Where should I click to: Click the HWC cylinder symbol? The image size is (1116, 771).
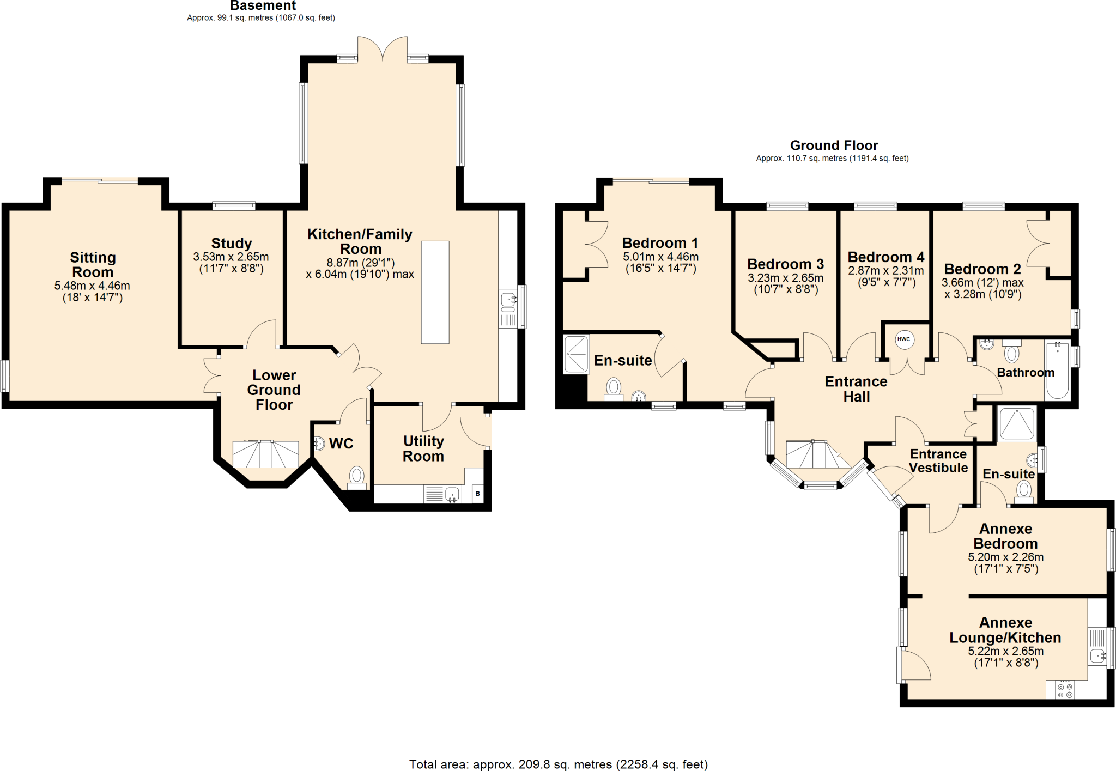point(903,339)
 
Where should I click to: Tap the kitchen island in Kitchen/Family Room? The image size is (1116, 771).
point(435,292)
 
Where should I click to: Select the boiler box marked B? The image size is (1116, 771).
point(477,494)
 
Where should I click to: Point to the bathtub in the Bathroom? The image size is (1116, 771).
point(1057,370)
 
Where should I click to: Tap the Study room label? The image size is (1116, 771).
point(232,243)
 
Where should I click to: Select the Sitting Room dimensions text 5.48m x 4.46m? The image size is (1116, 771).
point(92,286)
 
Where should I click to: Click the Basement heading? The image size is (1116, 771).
point(263,6)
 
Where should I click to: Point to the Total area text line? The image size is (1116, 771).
point(558,764)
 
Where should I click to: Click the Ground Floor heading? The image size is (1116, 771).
point(834,145)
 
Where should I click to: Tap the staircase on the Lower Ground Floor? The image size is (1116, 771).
point(265,454)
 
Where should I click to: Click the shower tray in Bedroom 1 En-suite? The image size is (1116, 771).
point(576,354)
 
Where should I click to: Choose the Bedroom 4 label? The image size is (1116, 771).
point(885,257)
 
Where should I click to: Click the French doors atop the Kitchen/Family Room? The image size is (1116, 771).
point(383,48)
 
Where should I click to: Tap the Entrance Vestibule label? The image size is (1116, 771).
point(938,460)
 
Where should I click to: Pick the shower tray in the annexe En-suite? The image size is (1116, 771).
point(1017,423)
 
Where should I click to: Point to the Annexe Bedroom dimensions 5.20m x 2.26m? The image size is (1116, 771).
point(1005,557)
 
